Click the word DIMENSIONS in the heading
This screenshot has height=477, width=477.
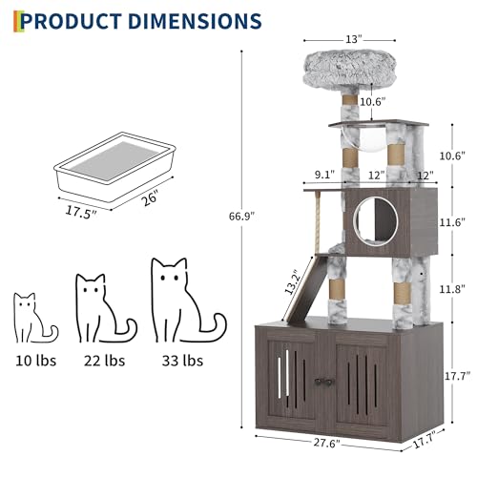pos(198,20)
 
